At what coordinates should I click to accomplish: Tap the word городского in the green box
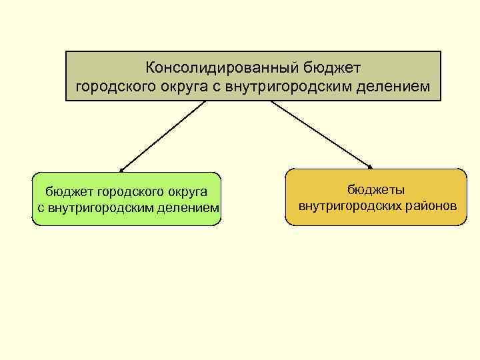tap(123, 193)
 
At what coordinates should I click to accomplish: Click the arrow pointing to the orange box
tap(321, 134)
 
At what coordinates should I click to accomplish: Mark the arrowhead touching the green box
tap(122, 170)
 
